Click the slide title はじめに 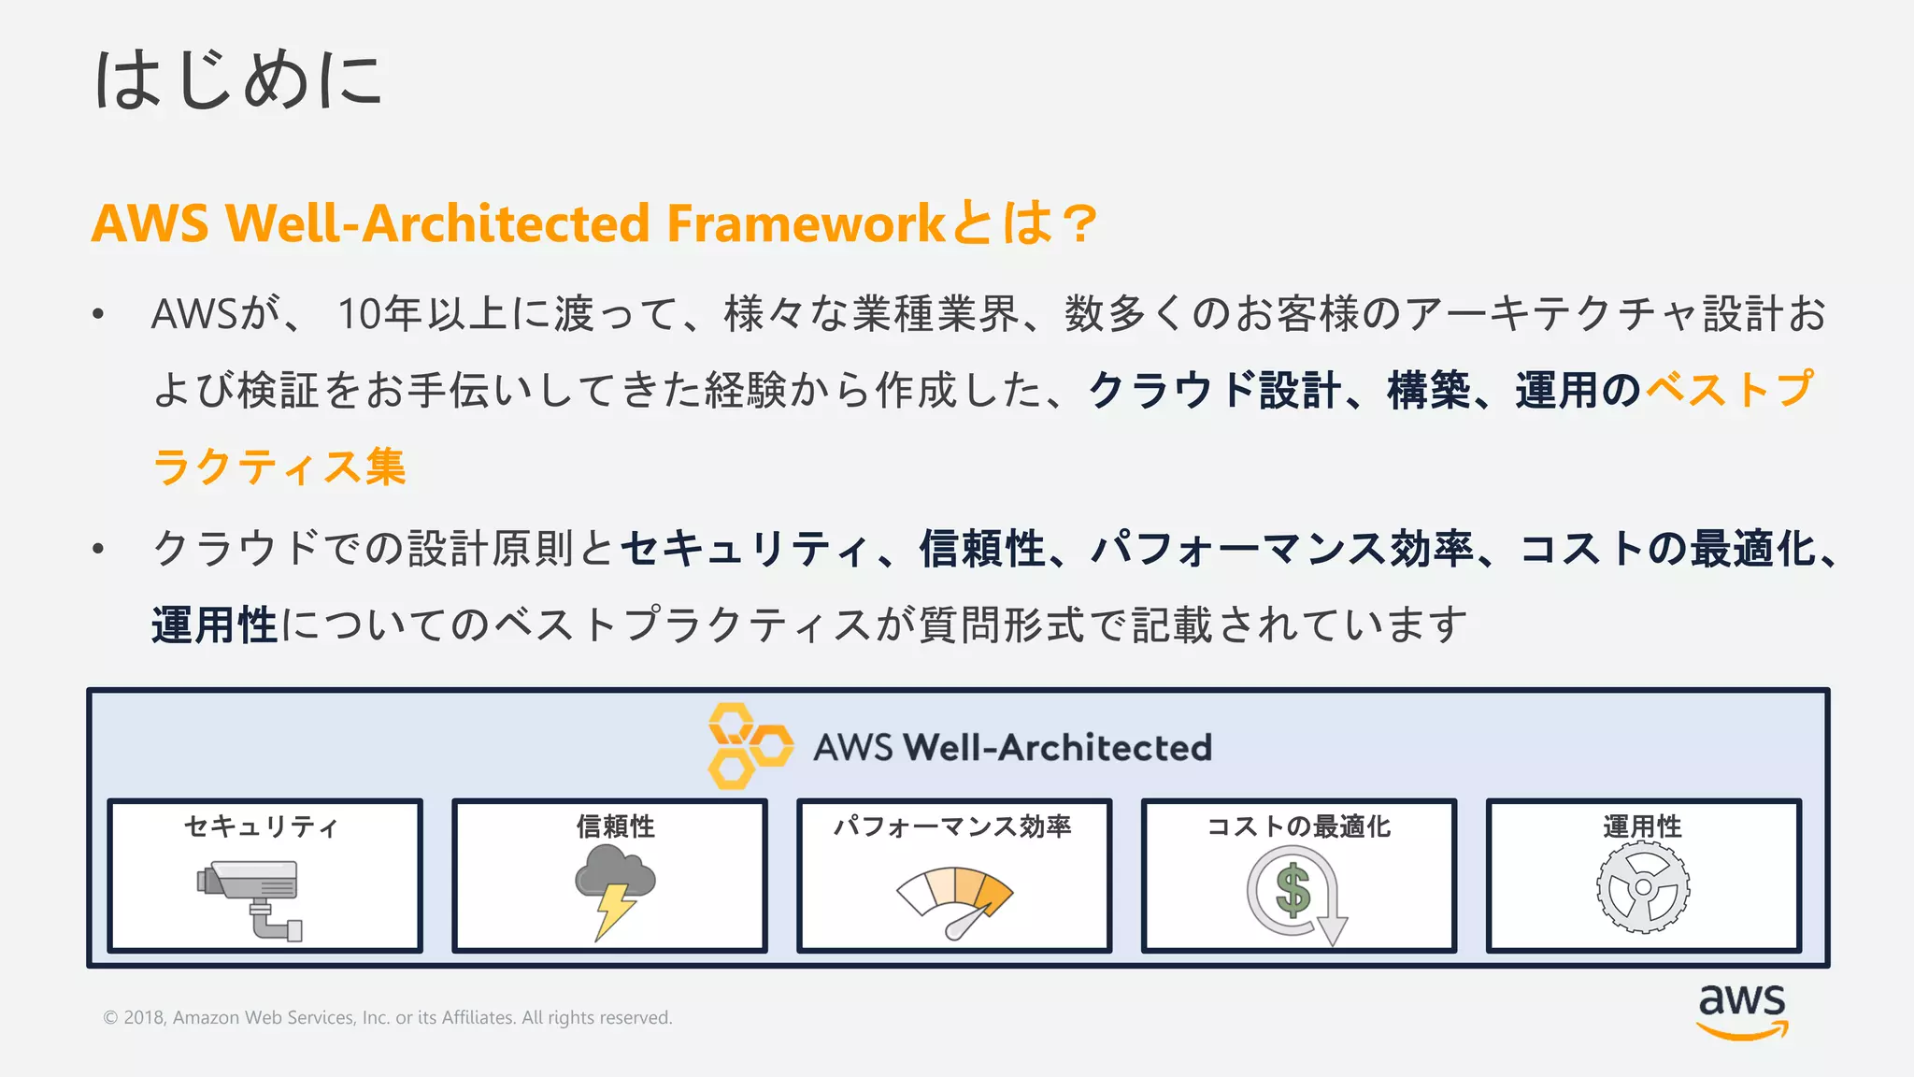[238, 80]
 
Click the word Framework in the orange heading [806, 224]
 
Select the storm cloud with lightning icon [613, 888]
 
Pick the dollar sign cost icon [1295, 893]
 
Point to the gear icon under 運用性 [1643, 887]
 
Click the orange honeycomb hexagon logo [750, 746]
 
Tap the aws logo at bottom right [1742, 1010]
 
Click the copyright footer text [388, 1017]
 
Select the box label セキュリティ [261, 826]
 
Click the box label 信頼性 [615, 826]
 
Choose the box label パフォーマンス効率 [952, 826]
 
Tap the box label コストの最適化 [1298, 826]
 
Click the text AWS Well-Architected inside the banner [1012, 748]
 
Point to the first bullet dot [98, 315]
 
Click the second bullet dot [98, 549]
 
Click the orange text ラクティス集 [279, 467]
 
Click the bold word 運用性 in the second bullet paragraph [215, 625]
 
